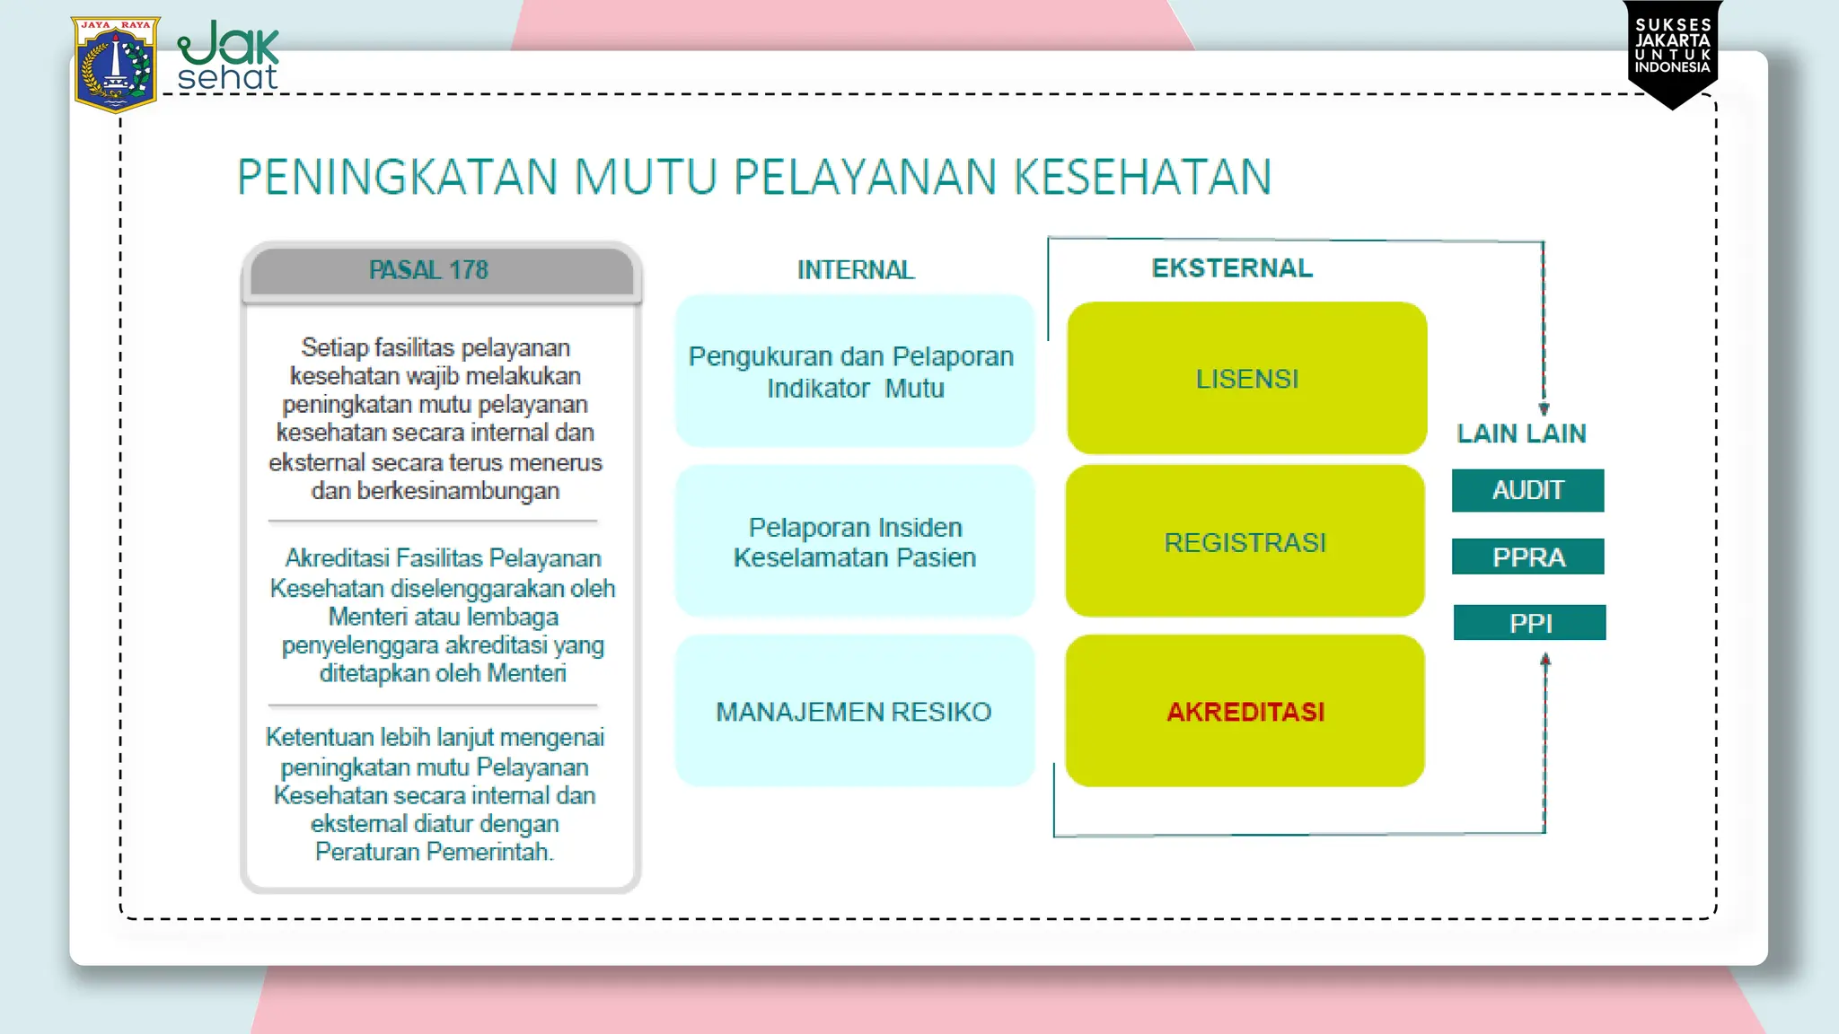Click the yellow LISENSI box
point(1246,379)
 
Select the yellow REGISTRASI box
point(1245,542)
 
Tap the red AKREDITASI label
point(1245,712)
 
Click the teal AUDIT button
point(1527,490)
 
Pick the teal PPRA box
point(1527,556)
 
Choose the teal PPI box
point(1529,622)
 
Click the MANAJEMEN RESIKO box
point(854,711)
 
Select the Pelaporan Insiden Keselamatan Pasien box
point(854,541)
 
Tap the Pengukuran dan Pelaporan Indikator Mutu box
point(854,372)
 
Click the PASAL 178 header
point(429,270)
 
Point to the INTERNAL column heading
point(855,270)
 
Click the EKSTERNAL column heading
point(1232,267)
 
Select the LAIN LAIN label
point(1521,434)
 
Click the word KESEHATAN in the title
point(1142,177)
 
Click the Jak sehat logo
point(228,57)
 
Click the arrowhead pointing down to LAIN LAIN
point(1544,408)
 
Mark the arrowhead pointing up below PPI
point(1545,660)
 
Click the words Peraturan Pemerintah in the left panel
point(434,851)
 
